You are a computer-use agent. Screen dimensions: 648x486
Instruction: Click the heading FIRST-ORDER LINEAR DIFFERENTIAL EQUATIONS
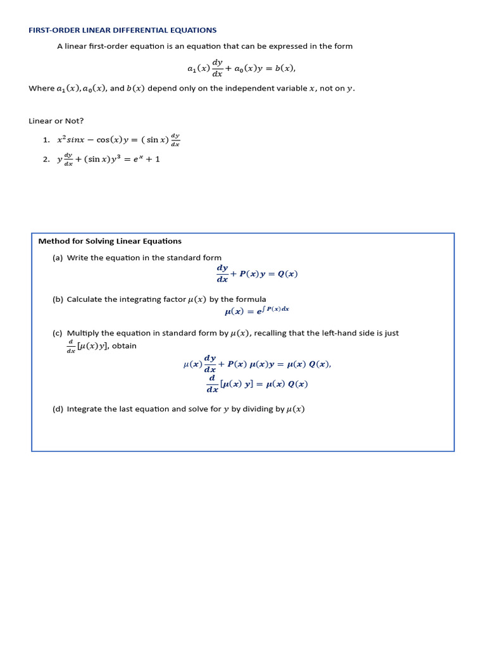click(x=123, y=30)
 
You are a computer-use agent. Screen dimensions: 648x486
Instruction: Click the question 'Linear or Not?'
click(x=56, y=121)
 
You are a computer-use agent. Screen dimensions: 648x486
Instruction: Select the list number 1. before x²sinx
click(x=46, y=140)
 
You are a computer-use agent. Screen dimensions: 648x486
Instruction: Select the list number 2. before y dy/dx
click(x=46, y=159)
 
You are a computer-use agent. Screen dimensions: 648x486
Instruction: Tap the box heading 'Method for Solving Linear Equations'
click(x=109, y=241)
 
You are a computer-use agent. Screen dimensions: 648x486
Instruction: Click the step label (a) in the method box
click(x=58, y=258)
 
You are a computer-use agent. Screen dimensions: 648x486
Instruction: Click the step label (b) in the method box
click(x=58, y=299)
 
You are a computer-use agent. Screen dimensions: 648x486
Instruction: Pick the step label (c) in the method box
click(x=58, y=333)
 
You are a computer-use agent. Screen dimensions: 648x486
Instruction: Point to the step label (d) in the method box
click(x=58, y=409)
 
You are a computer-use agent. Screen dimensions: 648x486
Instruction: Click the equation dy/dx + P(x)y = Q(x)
click(x=257, y=274)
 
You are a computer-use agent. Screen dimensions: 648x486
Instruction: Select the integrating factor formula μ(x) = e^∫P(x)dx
click(x=257, y=311)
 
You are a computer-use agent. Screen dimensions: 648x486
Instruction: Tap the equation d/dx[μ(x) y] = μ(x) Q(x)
click(x=257, y=384)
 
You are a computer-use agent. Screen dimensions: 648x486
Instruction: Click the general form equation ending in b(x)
click(x=241, y=68)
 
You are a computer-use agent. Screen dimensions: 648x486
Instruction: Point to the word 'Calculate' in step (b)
click(x=85, y=299)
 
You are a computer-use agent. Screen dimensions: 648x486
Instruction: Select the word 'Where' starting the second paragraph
click(x=42, y=89)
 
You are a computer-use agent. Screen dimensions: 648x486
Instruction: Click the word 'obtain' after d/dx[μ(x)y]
click(x=124, y=346)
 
